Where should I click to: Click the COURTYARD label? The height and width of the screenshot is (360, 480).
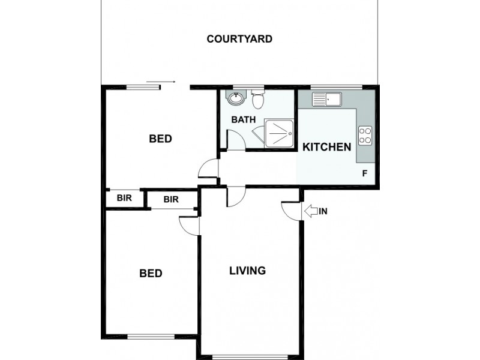click(x=239, y=40)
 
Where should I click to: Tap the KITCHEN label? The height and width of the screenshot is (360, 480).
click(x=326, y=147)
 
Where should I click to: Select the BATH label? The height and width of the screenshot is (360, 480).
click(x=244, y=119)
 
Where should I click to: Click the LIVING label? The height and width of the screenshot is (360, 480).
click(x=247, y=271)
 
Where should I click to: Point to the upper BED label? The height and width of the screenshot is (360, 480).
click(x=160, y=139)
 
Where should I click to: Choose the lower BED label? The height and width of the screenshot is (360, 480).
click(x=151, y=274)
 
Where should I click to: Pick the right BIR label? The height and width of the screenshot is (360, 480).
click(x=171, y=200)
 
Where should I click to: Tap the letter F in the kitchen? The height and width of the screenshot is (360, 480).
click(x=364, y=174)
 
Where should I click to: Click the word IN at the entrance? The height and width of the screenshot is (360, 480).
click(x=323, y=211)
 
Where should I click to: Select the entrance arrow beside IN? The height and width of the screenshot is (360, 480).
click(x=311, y=211)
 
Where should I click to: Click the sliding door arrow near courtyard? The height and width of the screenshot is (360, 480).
click(x=160, y=81)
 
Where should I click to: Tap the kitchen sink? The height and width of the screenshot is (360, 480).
click(x=326, y=98)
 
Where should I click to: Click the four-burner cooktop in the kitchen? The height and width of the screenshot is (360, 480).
click(x=365, y=136)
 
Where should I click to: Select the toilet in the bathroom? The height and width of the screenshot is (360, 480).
click(x=257, y=98)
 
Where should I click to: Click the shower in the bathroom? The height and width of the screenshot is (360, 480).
click(x=279, y=132)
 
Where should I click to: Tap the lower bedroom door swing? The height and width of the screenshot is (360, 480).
click(x=189, y=224)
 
